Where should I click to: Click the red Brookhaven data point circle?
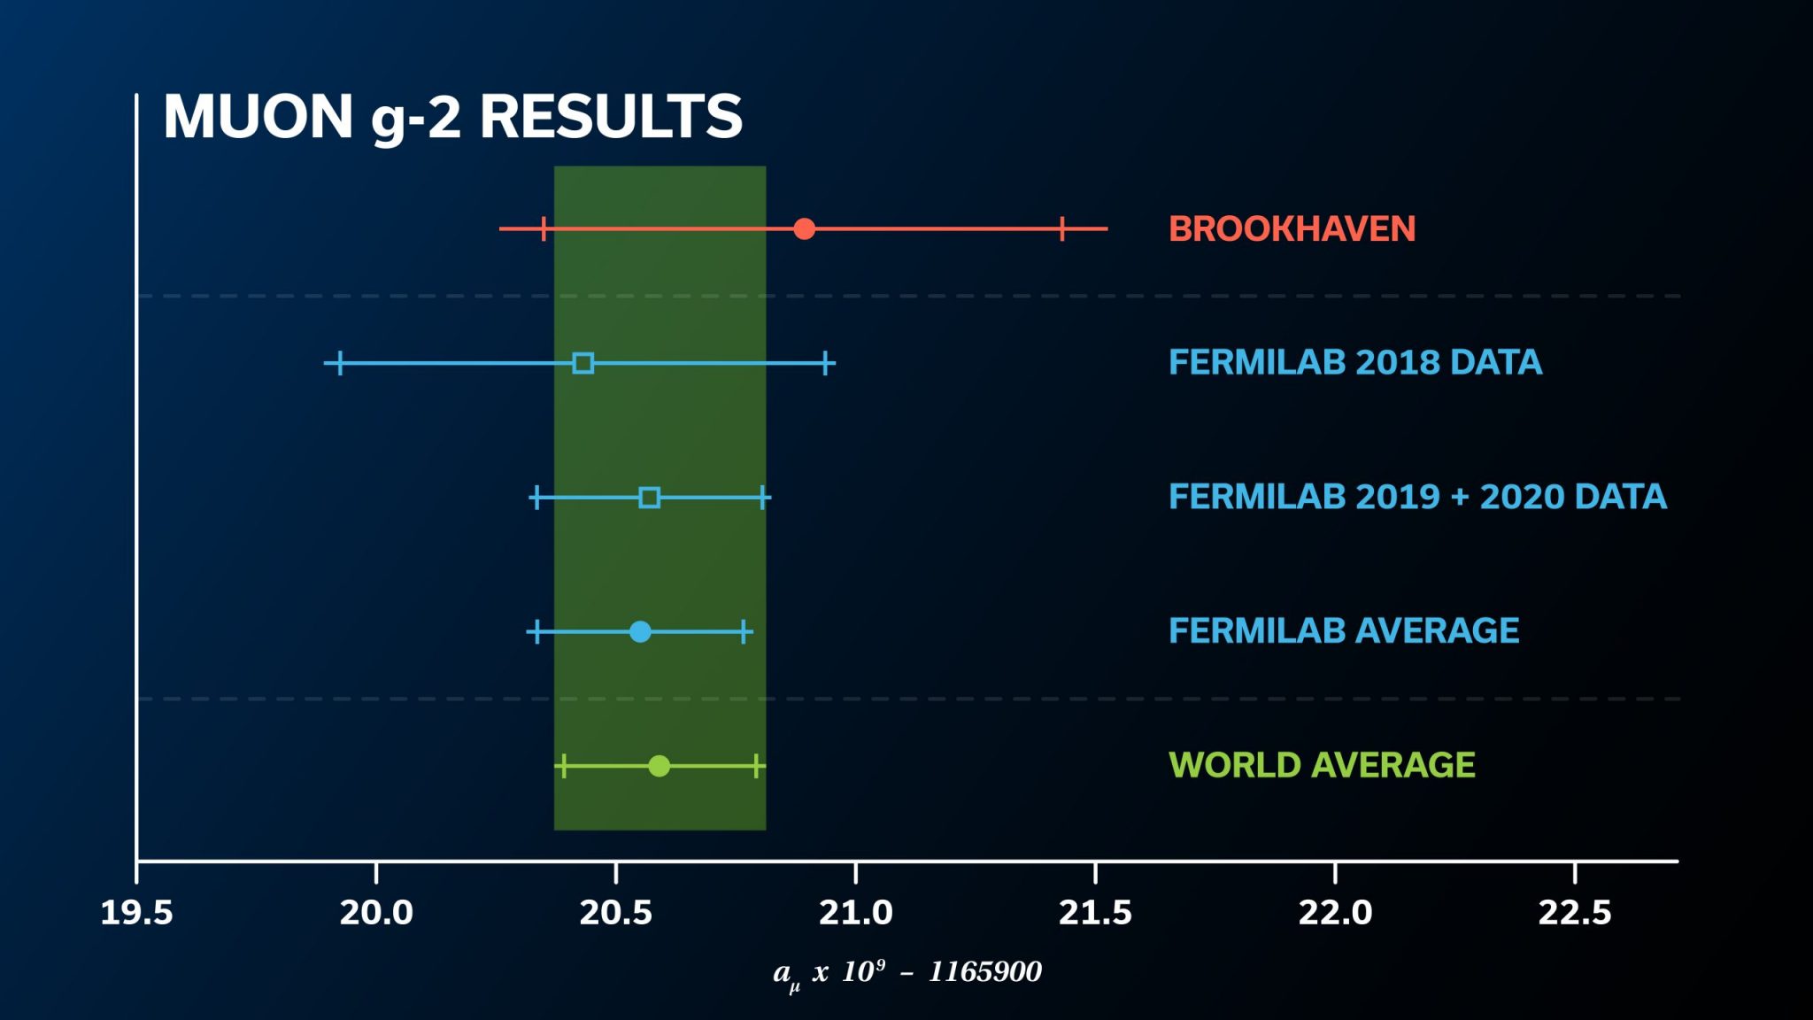click(x=804, y=228)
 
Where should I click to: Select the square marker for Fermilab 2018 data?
click(x=582, y=363)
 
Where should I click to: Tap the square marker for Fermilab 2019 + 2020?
click(x=649, y=498)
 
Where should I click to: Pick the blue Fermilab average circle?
click(x=640, y=631)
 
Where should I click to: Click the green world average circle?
click(x=659, y=766)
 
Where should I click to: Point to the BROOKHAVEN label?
click(x=1292, y=229)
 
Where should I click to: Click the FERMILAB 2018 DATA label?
click(x=1354, y=363)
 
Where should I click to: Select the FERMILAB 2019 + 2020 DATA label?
click(x=1417, y=498)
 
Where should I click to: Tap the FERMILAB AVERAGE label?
click(x=1343, y=631)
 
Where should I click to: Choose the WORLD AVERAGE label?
click(x=1322, y=766)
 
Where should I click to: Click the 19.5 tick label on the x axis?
click(x=136, y=913)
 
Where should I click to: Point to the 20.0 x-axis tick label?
click(x=376, y=913)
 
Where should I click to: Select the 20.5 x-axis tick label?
click(x=616, y=913)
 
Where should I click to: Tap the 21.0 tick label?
click(x=856, y=913)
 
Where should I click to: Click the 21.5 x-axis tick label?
click(x=1096, y=913)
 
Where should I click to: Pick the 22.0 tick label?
click(x=1335, y=913)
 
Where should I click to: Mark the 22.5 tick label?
click(x=1575, y=913)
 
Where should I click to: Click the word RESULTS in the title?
click(x=611, y=117)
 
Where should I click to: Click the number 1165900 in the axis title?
click(x=984, y=972)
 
